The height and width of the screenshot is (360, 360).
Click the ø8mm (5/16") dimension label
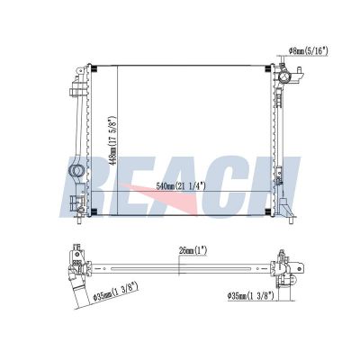(x=310, y=52)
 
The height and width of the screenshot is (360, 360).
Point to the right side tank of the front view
(x=284, y=135)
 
